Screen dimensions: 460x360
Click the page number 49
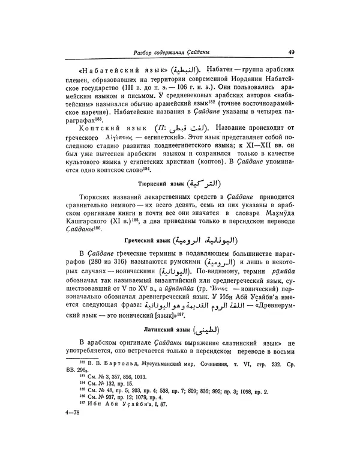[x=290, y=52]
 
